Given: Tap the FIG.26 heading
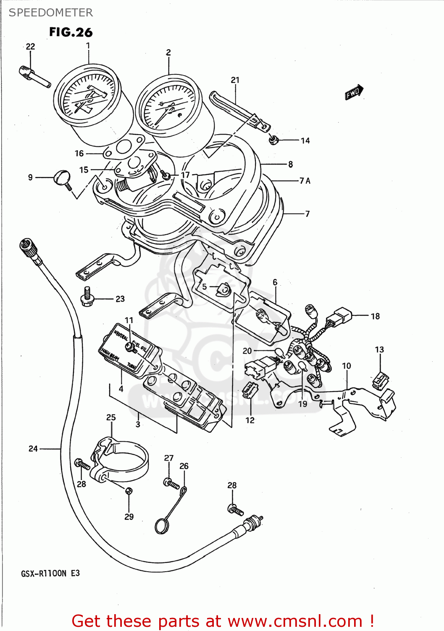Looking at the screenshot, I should (x=71, y=32).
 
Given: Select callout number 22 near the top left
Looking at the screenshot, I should (x=31, y=47).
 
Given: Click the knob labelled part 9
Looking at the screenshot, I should (x=62, y=177).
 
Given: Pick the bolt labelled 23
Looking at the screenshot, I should (x=87, y=298).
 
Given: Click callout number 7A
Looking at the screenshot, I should (x=305, y=181).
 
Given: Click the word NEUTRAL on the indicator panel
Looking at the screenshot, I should (x=121, y=335).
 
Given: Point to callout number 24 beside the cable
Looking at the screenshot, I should (x=33, y=449).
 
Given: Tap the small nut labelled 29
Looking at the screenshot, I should (x=129, y=490).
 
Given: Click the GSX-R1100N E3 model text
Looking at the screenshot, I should (x=50, y=573).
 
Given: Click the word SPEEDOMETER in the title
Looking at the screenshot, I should (x=51, y=13).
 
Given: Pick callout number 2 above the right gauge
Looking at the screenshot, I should (x=168, y=53).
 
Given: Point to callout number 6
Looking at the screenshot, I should (x=275, y=282).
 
